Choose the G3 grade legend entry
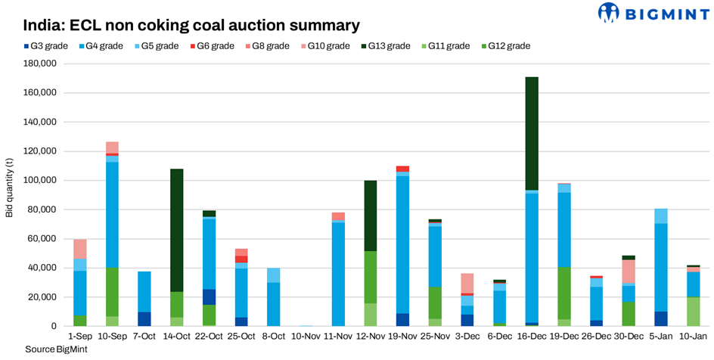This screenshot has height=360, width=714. coord(47,46)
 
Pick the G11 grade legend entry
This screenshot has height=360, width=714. coord(447,46)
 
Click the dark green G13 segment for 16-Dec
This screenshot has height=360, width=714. coord(531,133)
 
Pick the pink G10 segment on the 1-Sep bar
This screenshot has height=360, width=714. coord(79,249)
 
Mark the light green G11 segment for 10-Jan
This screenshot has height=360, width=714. coord(693,311)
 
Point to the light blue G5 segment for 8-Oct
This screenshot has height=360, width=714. coord(273,275)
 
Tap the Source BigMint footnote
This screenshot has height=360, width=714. coord(51,349)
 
